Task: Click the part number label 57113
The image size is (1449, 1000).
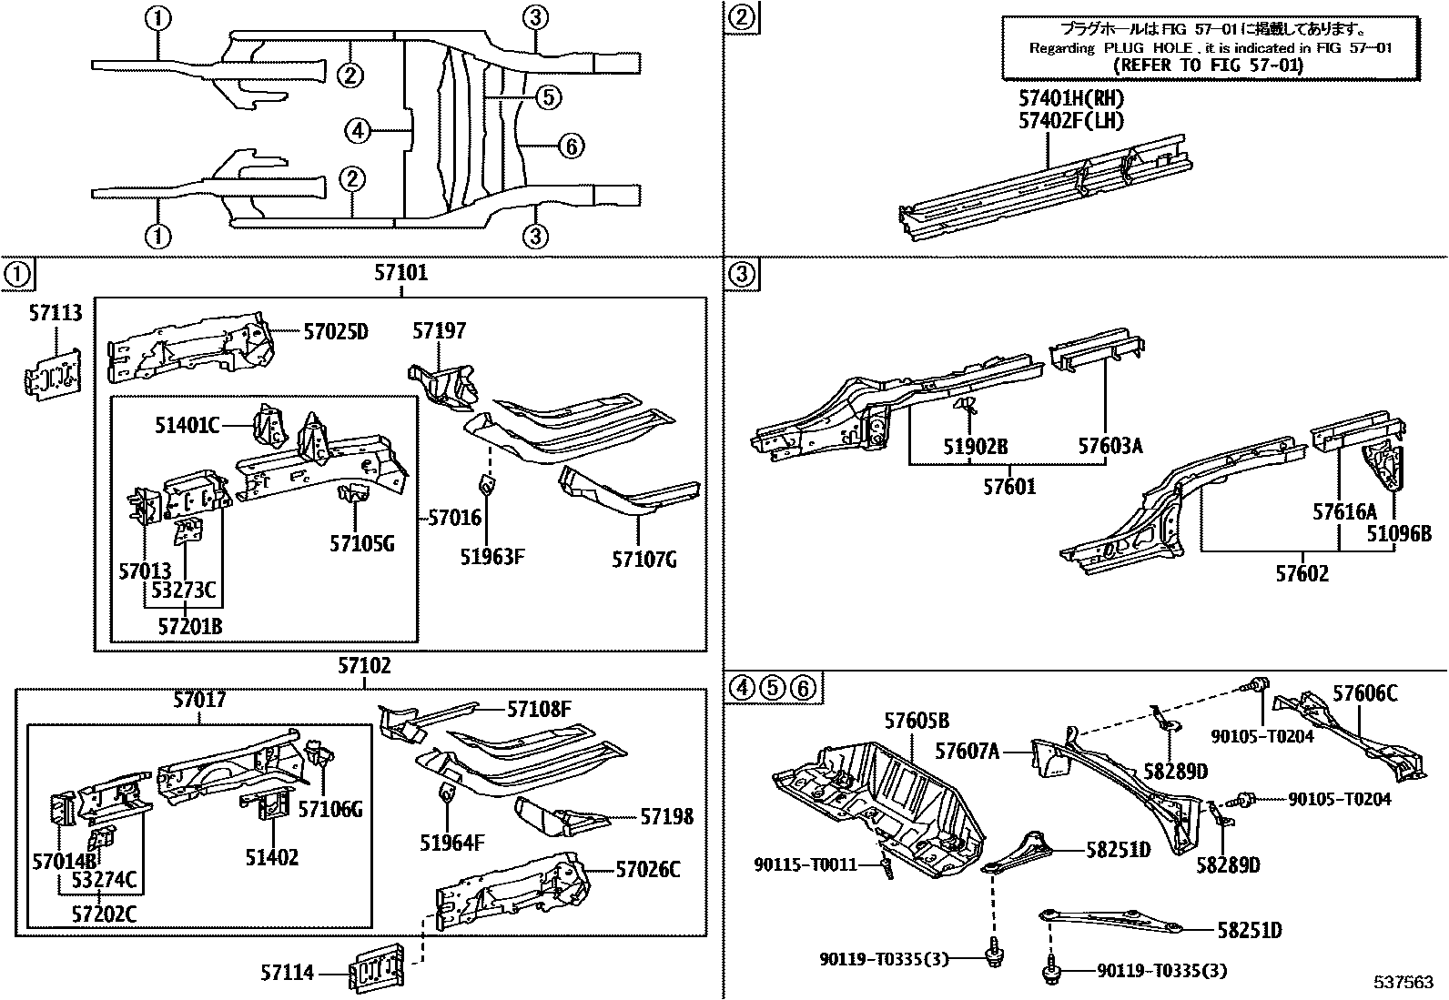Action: pos(55,314)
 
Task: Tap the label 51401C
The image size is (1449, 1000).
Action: pos(187,424)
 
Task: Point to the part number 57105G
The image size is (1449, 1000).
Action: pos(362,544)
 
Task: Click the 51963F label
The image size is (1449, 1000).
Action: pos(491,557)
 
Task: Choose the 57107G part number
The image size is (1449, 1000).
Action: pos(644,559)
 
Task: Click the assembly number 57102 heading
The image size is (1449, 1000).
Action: pos(364,666)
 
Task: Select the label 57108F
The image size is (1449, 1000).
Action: pos(539,709)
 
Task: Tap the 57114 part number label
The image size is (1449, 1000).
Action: pos(288,974)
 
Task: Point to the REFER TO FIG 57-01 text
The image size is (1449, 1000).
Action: pos(1208,66)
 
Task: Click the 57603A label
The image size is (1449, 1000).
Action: pos(1110,447)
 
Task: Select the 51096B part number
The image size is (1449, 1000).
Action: pos(1399,534)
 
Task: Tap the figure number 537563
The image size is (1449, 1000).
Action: pos(1403,983)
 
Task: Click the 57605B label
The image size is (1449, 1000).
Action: pos(917,722)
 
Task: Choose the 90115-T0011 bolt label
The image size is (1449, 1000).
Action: pos(806,864)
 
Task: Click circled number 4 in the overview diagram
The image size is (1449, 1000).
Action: pos(358,132)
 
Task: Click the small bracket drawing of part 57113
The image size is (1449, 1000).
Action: pos(51,373)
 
